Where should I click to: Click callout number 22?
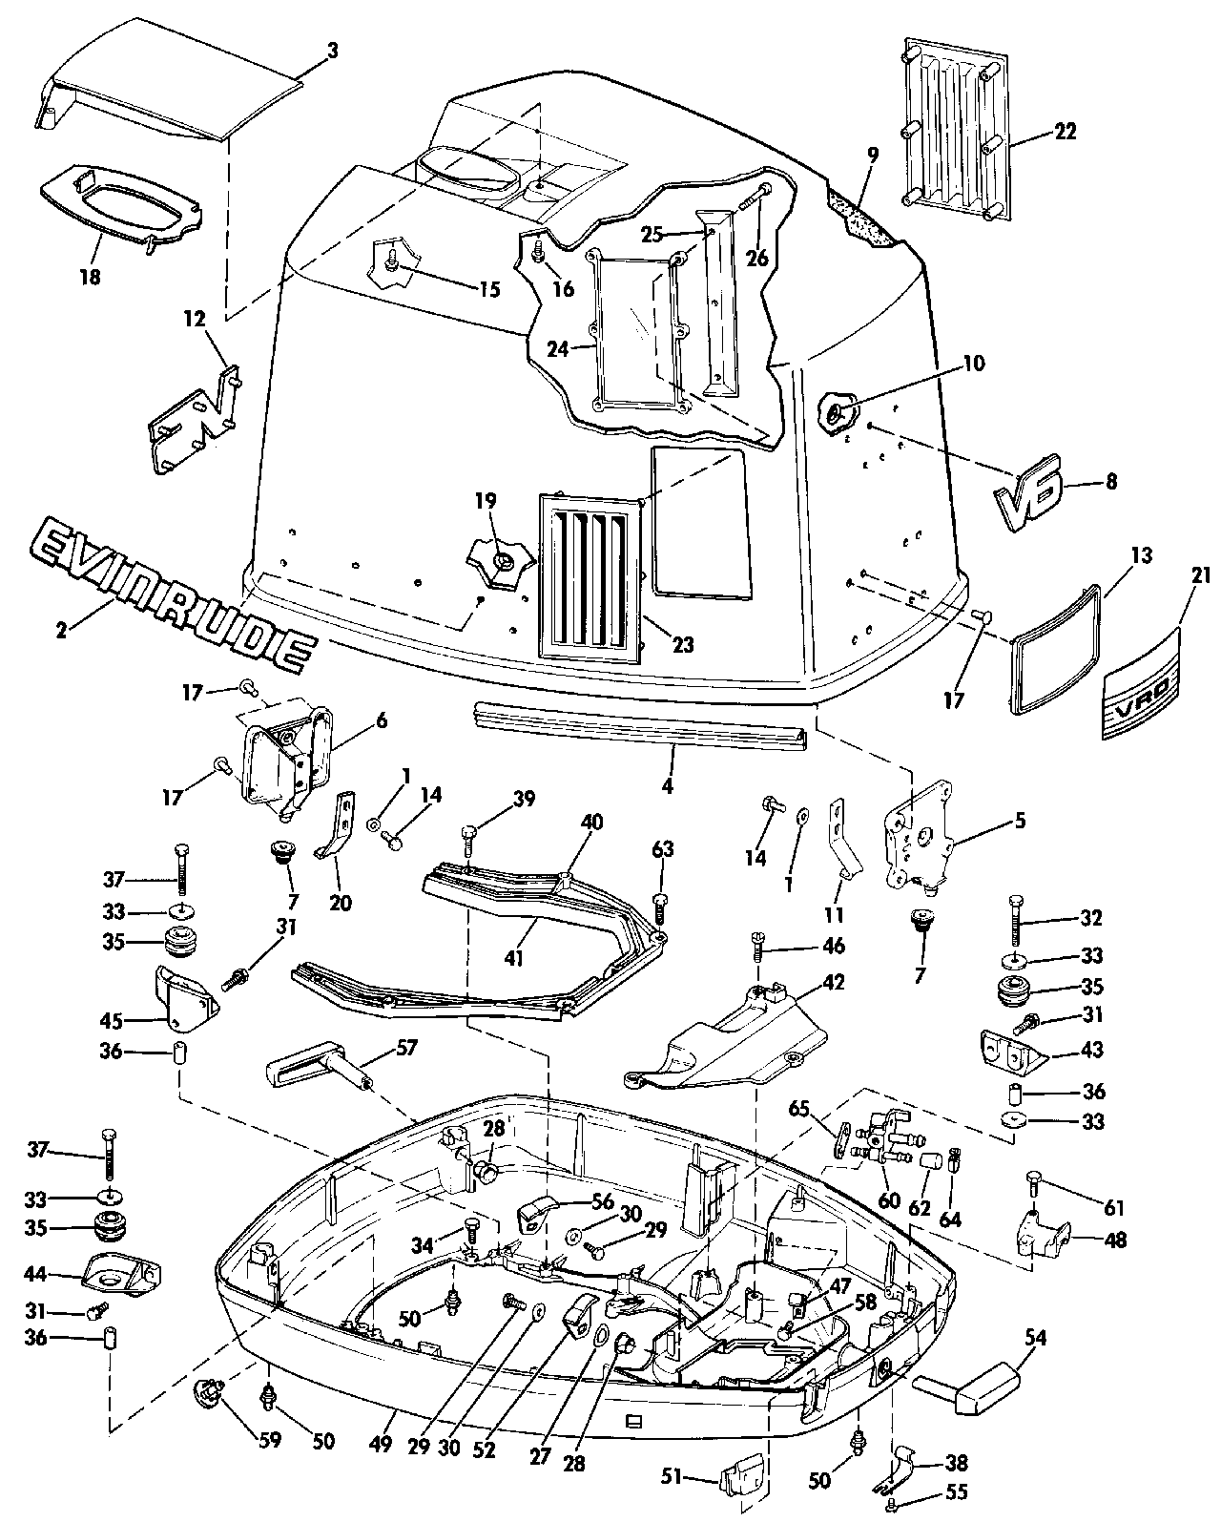point(1065,131)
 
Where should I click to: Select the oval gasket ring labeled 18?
point(120,203)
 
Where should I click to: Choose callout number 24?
point(557,349)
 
